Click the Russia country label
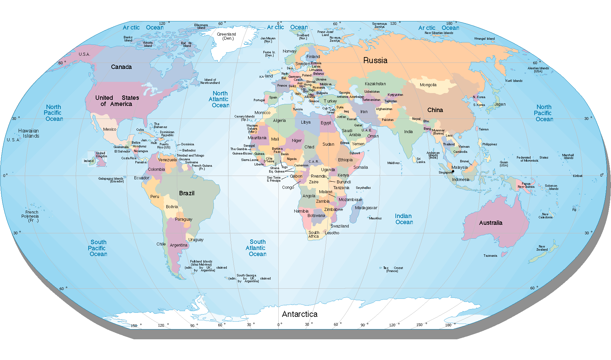[375, 60]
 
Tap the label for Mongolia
[428, 85]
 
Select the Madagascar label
[366, 208]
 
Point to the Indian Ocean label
[404, 219]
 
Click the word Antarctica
[299, 314]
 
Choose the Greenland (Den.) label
[226, 36]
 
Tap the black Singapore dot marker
[453, 172]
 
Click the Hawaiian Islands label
[29, 133]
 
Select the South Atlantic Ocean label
[257, 248]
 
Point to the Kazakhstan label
[375, 84]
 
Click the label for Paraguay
[184, 219]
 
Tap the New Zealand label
[542, 248]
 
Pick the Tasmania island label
[490, 256]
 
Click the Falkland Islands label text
[201, 263]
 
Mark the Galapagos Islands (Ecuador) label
[111, 180]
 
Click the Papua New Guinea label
[526, 185]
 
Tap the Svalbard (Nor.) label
[303, 36]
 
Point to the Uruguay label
[196, 240]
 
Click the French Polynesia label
[30, 216]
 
